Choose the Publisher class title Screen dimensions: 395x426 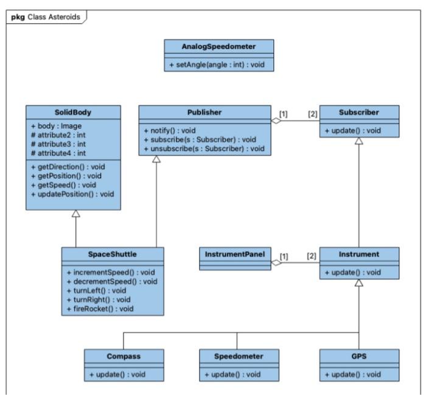pos(204,111)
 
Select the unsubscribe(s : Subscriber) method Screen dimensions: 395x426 pos(204,148)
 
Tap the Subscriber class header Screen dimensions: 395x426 pos(360,111)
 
